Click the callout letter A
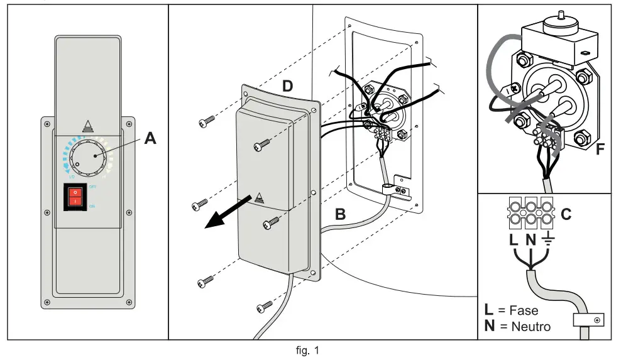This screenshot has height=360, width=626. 150,138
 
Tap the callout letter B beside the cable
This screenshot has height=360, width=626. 340,214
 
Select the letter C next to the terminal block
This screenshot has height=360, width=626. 565,214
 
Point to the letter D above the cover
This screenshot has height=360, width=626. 287,86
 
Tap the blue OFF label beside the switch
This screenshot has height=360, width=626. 92,187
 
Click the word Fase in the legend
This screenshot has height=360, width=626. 523,311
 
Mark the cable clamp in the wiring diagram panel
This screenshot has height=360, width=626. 585,321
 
